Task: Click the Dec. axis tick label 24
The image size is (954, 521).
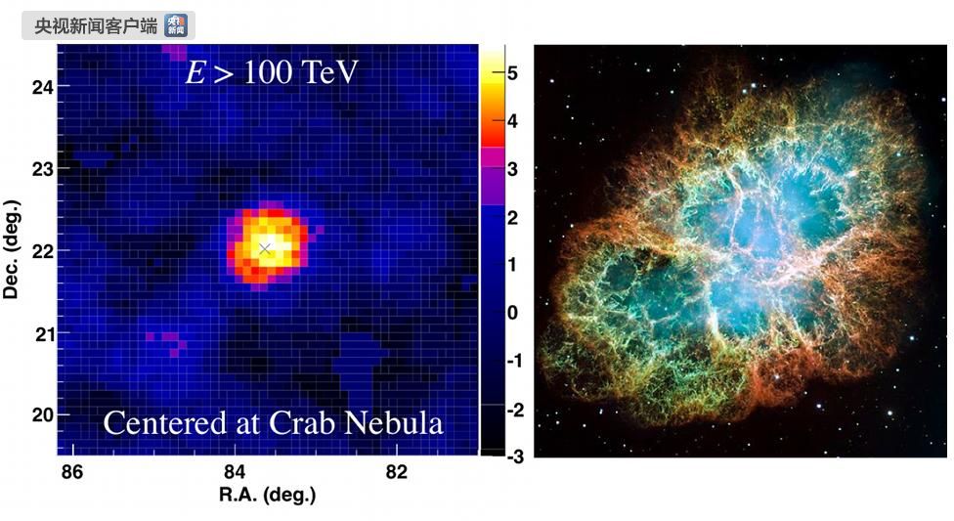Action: [43, 87]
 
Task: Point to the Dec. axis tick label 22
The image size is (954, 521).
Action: [43, 251]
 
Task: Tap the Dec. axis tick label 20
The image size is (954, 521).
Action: [43, 415]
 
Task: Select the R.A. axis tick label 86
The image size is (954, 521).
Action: [71, 472]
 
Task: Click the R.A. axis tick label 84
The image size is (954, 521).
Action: [235, 472]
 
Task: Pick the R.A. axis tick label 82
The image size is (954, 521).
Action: [397, 472]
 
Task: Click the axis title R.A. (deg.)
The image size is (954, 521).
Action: [268, 495]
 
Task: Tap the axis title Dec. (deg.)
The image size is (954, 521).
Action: [11, 249]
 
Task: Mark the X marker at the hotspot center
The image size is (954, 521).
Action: [264, 248]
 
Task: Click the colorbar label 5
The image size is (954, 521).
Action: [512, 73]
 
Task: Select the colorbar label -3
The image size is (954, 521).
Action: [515, 456]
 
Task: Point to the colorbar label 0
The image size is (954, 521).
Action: [512, 313]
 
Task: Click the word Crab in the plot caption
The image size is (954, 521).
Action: [298, 423]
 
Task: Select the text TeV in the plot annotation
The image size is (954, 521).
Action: [330, 72]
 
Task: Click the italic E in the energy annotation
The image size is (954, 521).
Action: [195, 72]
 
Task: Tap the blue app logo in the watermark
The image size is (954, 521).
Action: [176, 25]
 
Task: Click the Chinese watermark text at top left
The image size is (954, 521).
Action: [96, 26]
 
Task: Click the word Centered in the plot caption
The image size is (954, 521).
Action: [164, 423]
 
